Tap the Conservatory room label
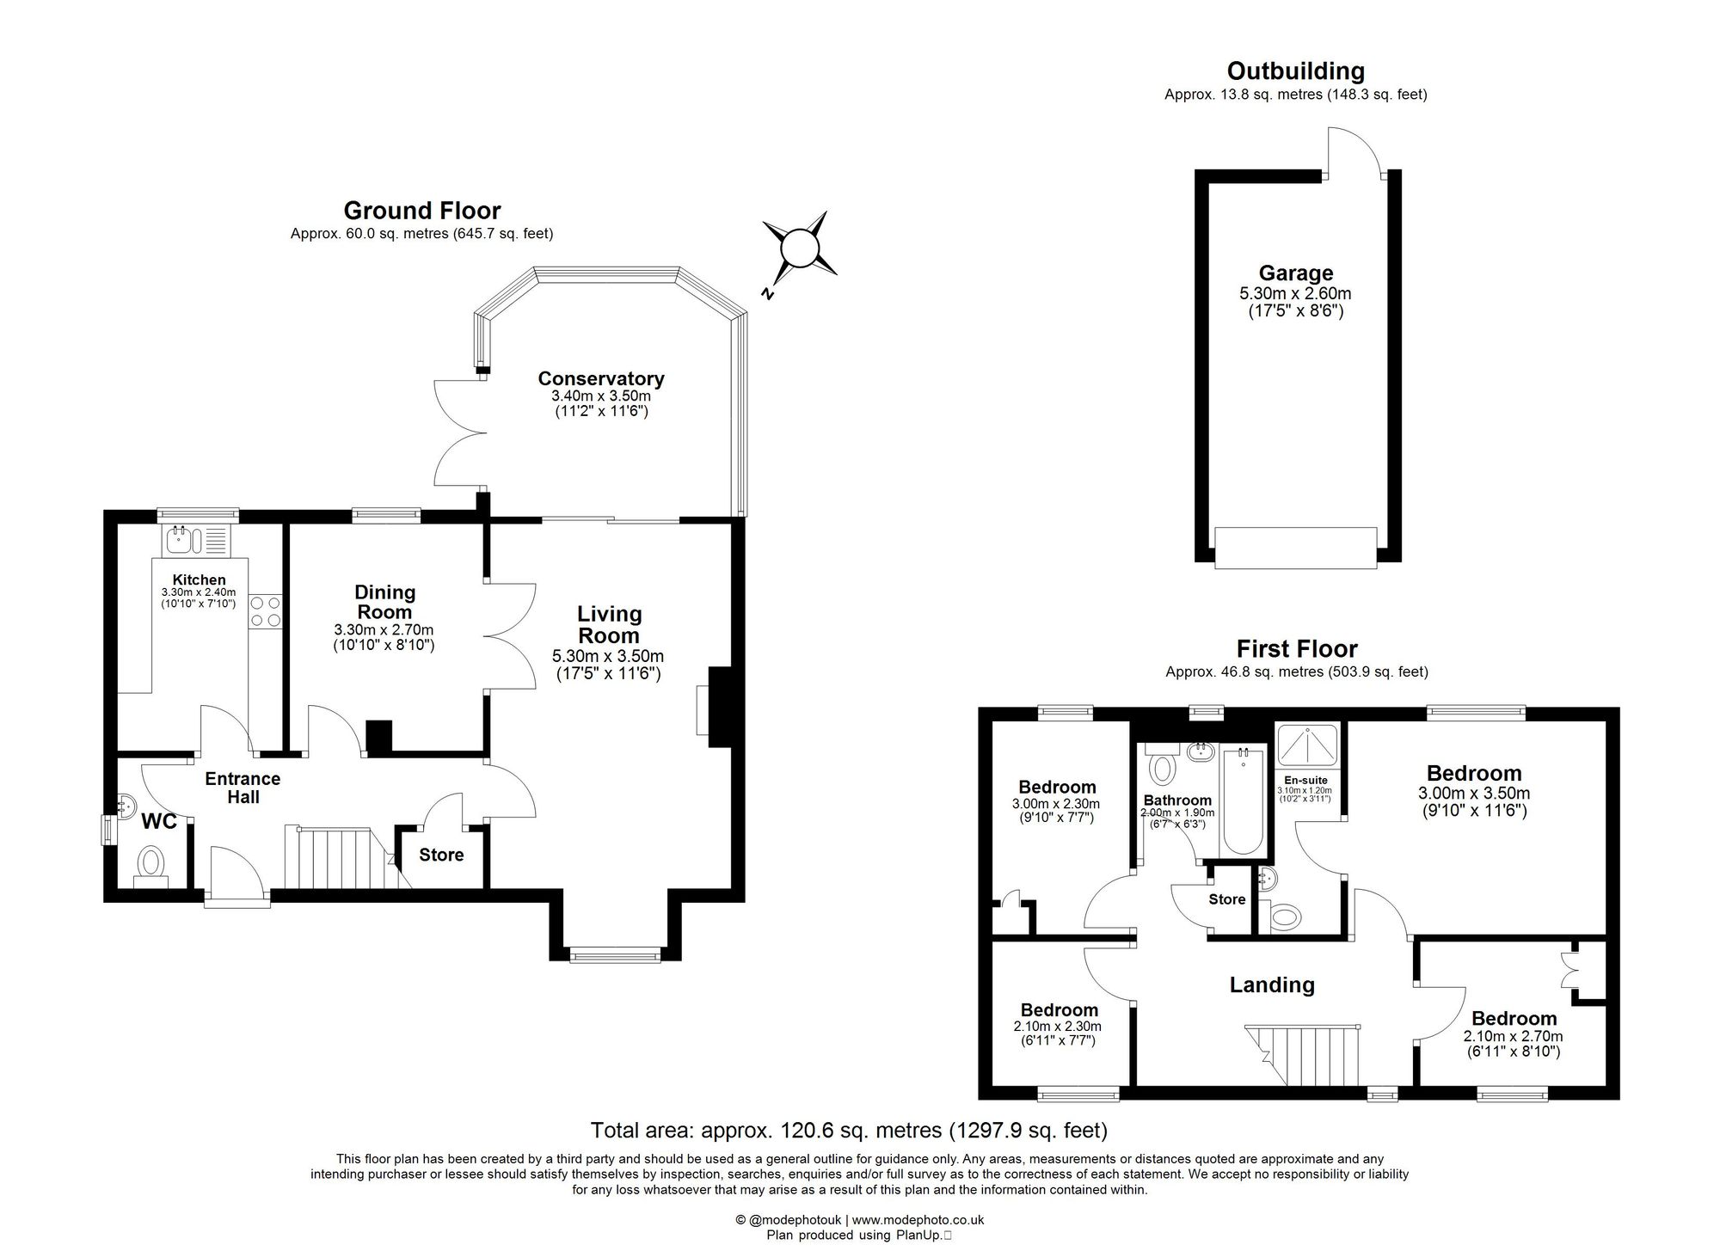pos(601,378)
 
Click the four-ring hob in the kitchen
pos(265,611)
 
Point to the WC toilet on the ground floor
pos(152,862)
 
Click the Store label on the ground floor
pos(441,855)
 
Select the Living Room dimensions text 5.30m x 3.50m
pos(608,656)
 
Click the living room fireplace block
pos(719,706)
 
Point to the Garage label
pos(1295,273)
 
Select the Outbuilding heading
pos(1295,71)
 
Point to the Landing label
pos(1271,985)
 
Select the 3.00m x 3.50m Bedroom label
pos(1474,773)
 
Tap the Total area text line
pos(849,1130)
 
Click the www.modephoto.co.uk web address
pos(918,1219)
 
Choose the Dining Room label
pos(384,602)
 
